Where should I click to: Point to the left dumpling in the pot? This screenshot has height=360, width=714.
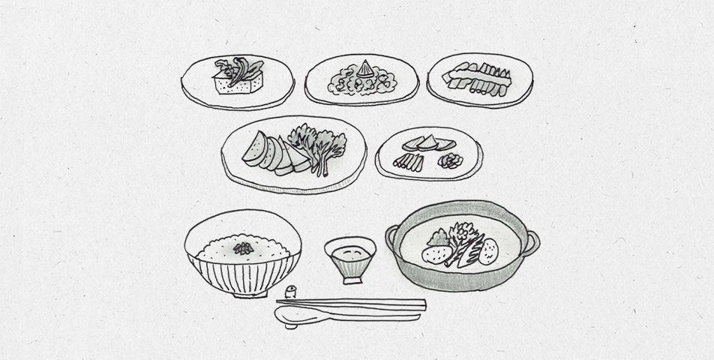(433, 253)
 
